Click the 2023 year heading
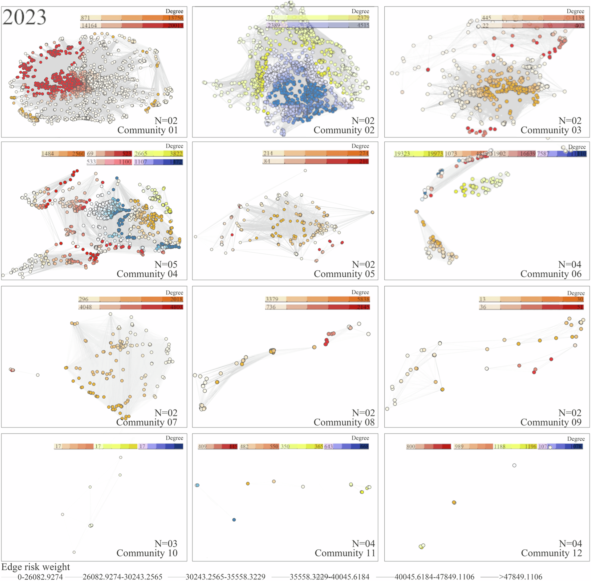point(25,17)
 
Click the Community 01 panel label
point(147,130)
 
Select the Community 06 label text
point(550,274)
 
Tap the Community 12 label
point(551,553)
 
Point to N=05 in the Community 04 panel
point(166,264)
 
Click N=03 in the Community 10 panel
point(166,543)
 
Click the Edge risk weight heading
point(36,567)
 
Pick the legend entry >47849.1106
point(521,577)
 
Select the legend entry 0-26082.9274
point(40,577)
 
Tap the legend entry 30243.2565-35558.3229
point(225,577)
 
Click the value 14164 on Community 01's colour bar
point(89,26)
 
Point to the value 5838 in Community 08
point(363,299)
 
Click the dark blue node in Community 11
point(234,520)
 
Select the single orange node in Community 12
point(454,502)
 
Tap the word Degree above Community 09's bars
point(576,293)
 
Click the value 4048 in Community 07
point(85,307)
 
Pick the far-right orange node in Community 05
point(372,212)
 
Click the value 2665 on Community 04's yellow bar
point(141,153)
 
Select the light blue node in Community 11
point(197,485)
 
